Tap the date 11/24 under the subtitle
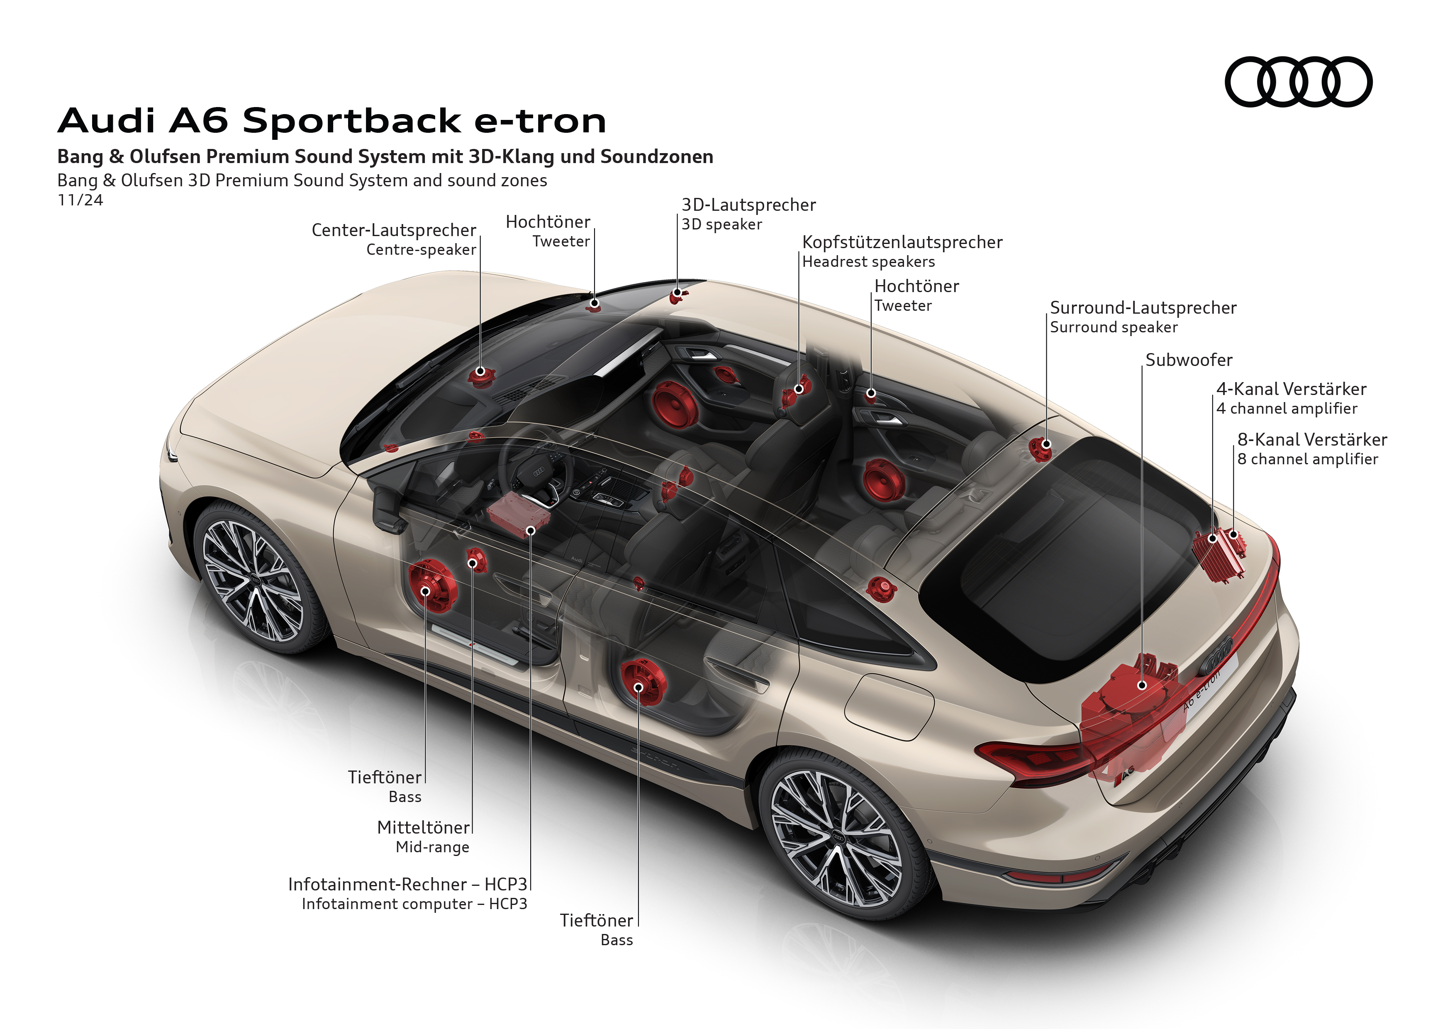pos(80,200)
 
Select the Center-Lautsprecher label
pos(394,231)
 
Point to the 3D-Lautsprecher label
pos(748,205)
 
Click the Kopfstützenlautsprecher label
pos(902,243)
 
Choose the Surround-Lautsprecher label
pos(1143,308)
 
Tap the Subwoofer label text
pos(1188,360)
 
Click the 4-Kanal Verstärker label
pos(1291,389)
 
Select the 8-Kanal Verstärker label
pos(1312,440)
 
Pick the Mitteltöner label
pos(423,827)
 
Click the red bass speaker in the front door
pos(432,586)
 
